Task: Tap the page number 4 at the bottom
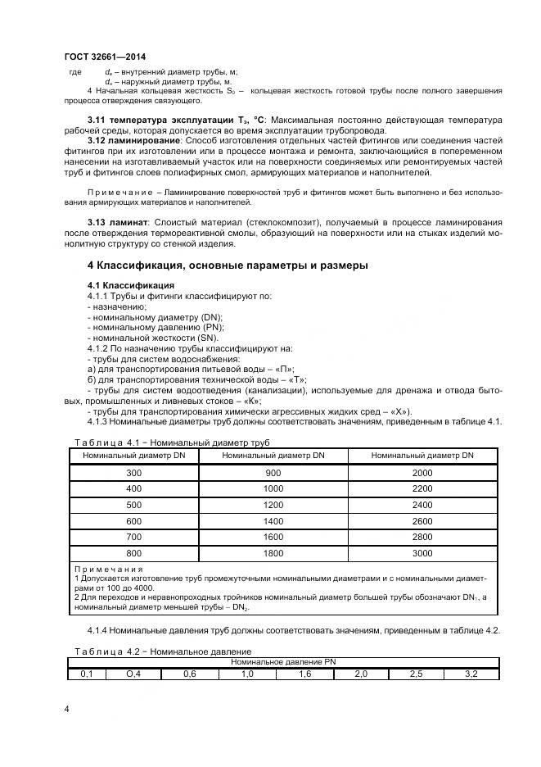(x=66, y=707)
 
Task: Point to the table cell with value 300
(x=133, y=474)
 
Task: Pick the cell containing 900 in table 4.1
(x=273, y=474)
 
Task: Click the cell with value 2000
(x=422, y=474)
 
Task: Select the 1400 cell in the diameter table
(x=273, y=520)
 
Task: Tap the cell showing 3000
(x=422, y=552)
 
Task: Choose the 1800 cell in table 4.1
(x=273, y=552)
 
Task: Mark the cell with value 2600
(x=422, y=520)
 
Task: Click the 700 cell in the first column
(x=133, y=537)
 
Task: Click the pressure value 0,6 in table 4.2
(x=189, y=674)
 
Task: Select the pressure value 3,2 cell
(x=471, y=674)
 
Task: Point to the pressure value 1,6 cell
(x=304, y=674)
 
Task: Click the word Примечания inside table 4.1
(x=108, y=568)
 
